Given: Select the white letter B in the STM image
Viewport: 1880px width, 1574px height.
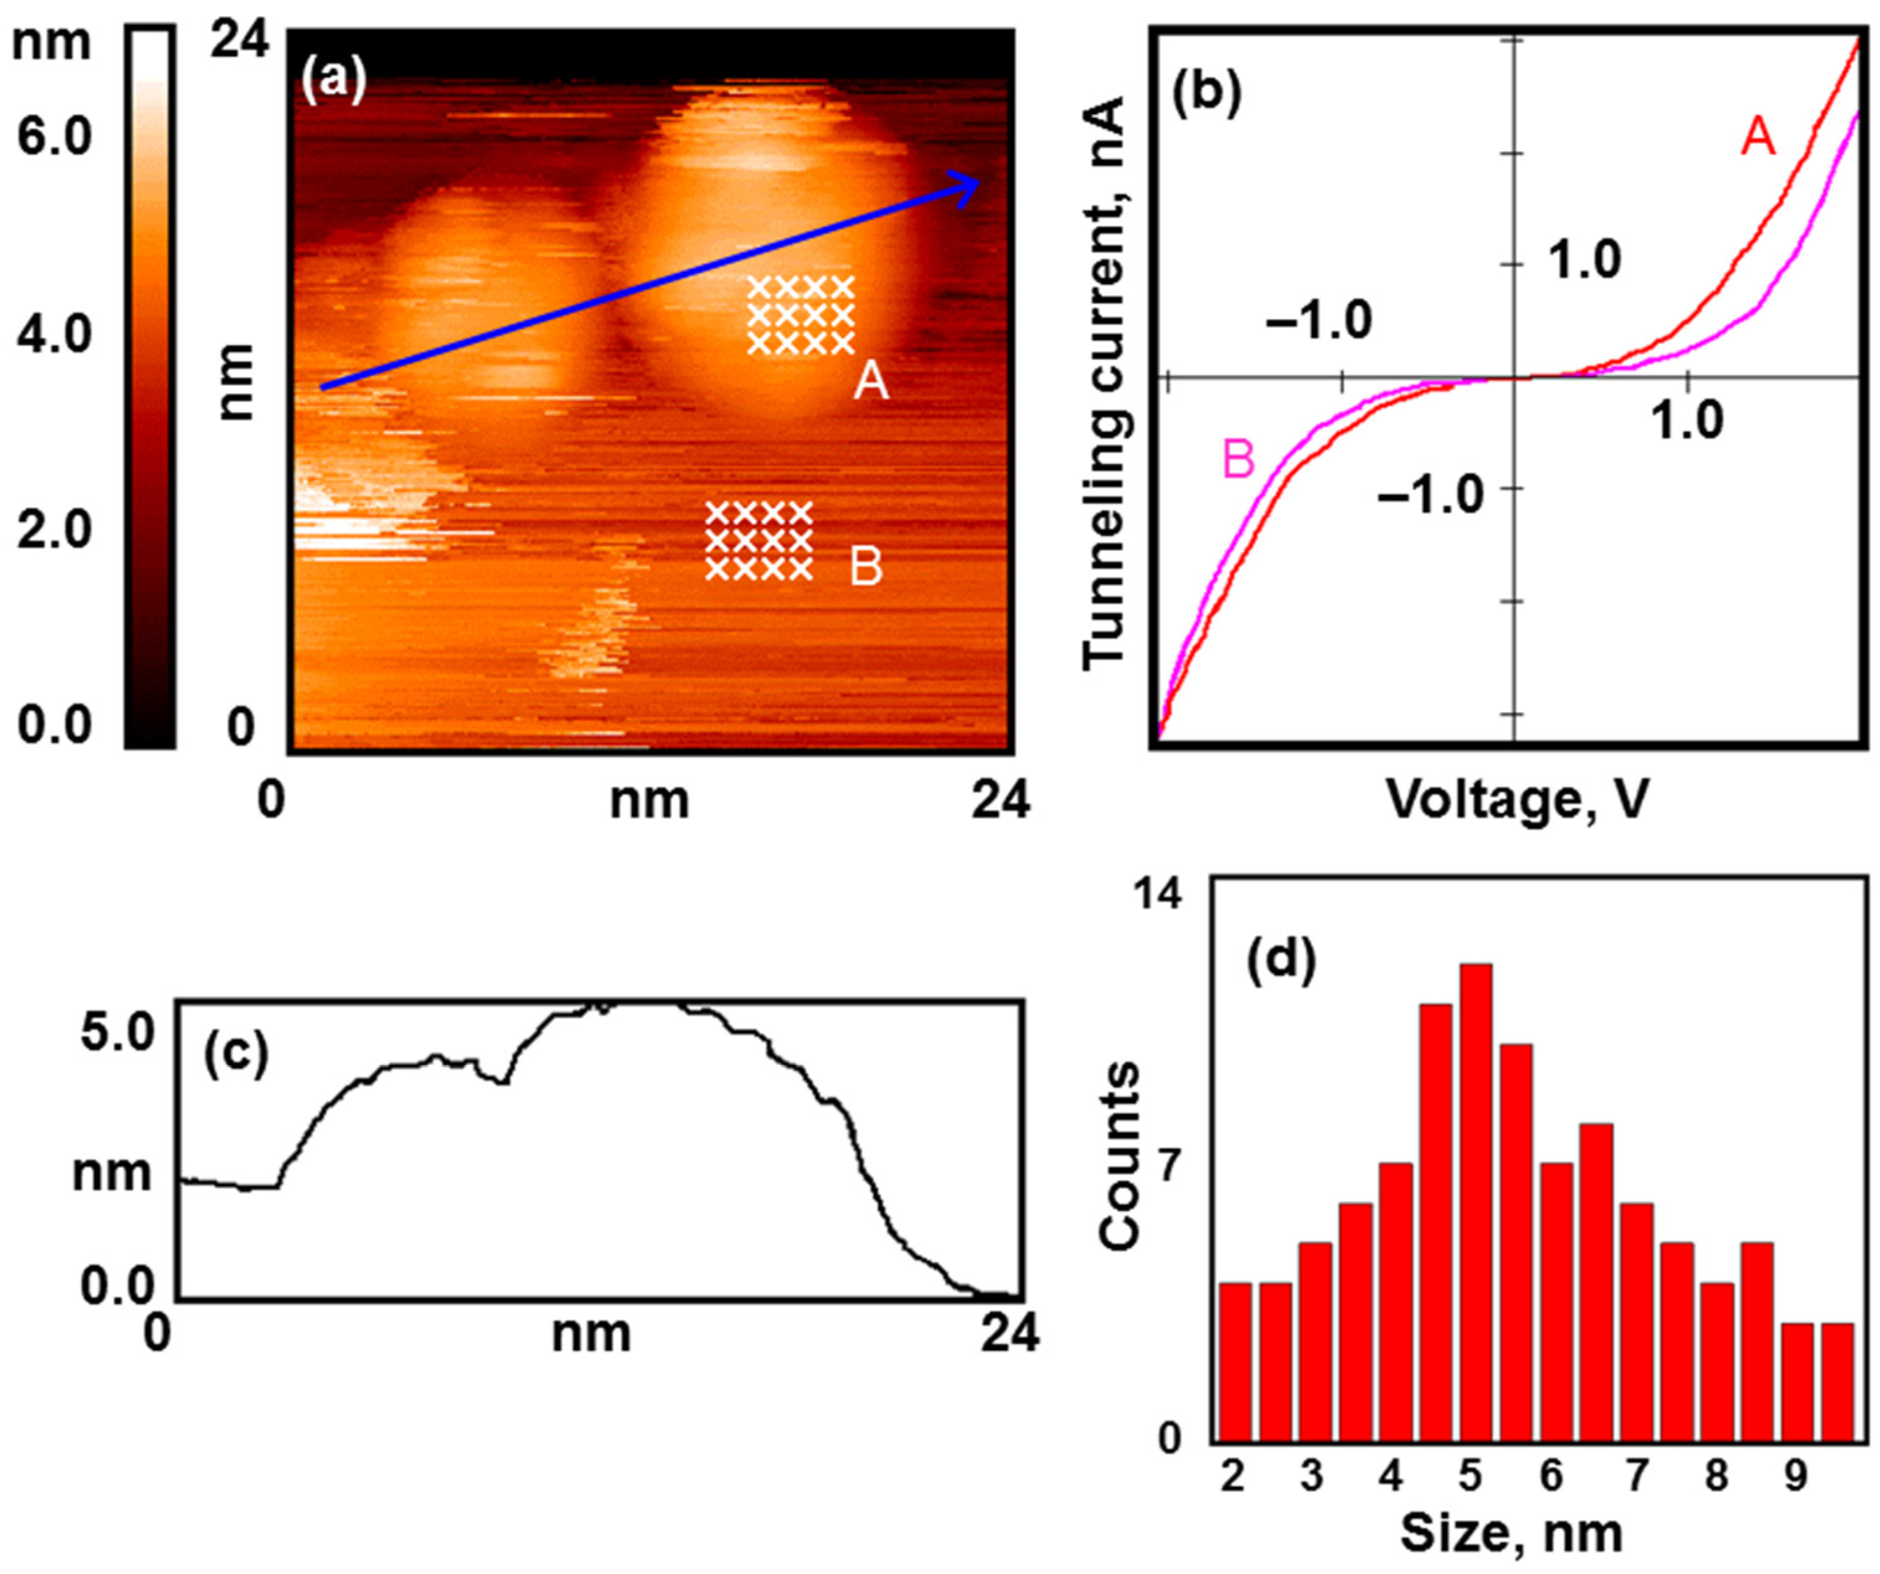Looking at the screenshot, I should tap(866, 568).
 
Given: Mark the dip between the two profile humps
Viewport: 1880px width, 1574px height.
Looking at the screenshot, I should tap(503, 1083).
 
